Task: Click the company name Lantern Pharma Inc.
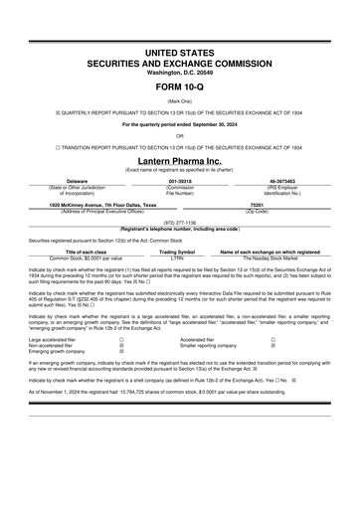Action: (x=180, y=160)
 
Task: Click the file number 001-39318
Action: (x=180, y=182)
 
